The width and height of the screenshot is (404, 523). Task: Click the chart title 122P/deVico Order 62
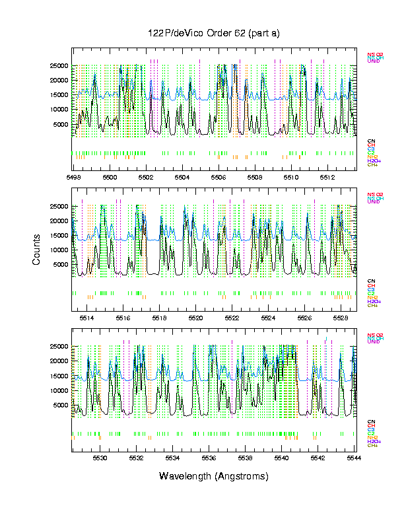click(x=213, y=33)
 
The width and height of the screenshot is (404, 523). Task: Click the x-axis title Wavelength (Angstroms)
click(x=213, y=476)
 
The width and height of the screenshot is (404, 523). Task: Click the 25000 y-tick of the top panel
click(x=59, y=66)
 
